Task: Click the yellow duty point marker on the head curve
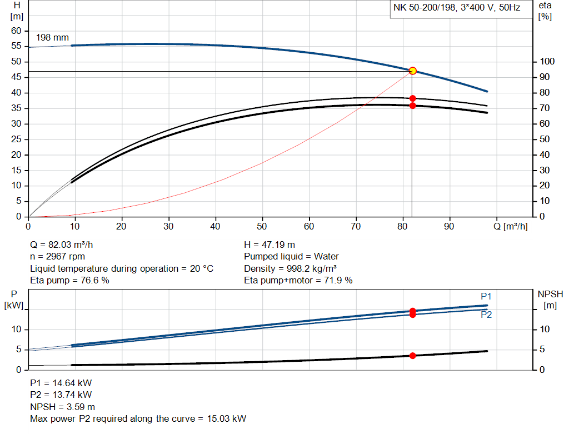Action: click(412, 71)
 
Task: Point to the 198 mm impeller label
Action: click(52, 38)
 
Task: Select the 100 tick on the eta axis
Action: click(546, 62)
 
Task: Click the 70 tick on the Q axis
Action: click(403, 226)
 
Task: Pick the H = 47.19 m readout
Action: click(271, 245)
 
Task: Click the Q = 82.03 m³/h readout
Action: click(66, 245)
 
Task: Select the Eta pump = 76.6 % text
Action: click(69, 280)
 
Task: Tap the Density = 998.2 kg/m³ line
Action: click(290, 268)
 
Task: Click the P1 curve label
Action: click(486, 296)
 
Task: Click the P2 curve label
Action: click(486, 315)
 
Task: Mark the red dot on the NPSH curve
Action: click(412, 356)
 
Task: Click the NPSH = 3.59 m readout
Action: click(62, 407)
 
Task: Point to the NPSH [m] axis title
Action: click(550, 299)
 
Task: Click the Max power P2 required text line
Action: click(138, 418)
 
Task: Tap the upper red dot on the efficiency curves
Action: click(412, 98)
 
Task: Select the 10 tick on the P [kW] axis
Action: click(17, 330)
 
